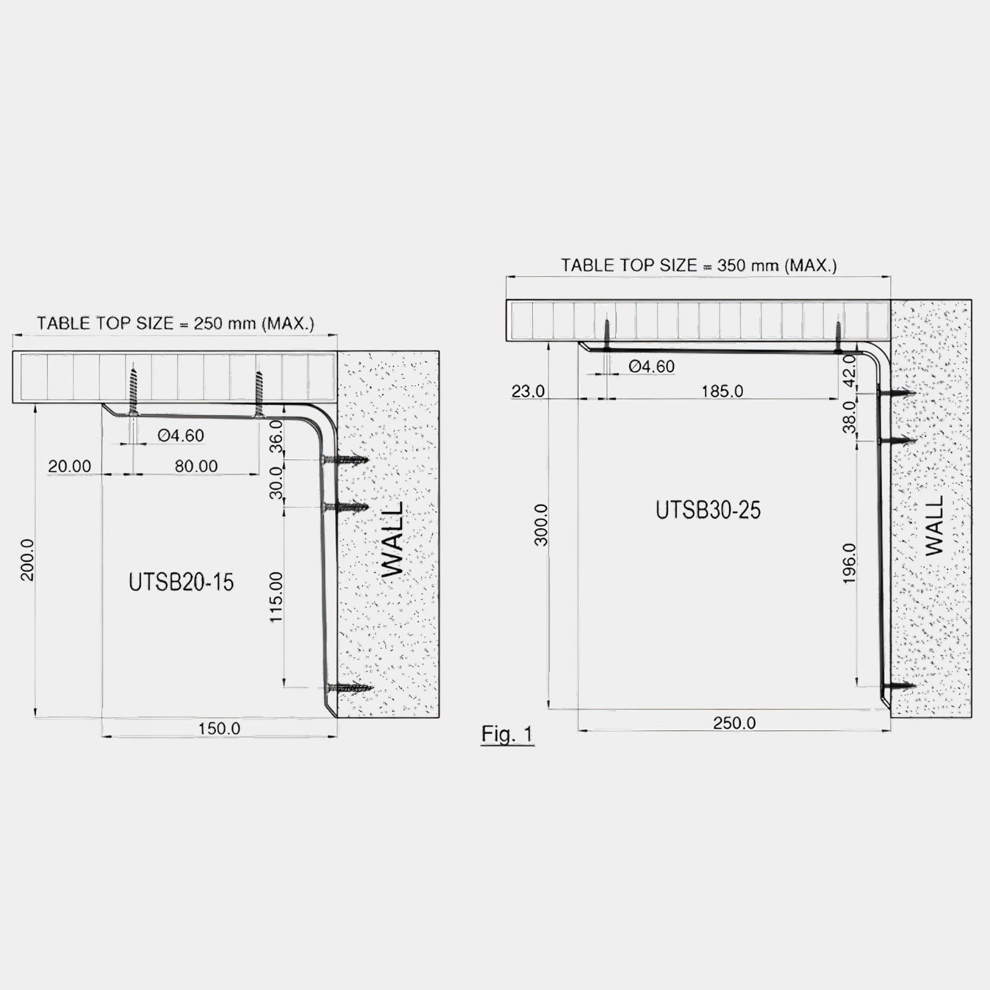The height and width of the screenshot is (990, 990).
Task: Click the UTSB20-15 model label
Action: click(181, 582)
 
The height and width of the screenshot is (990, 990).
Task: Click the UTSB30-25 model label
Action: click(708, 510)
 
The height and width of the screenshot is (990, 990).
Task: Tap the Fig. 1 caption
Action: click(507, 734)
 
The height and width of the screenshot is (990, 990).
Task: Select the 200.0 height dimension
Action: click(28, 560)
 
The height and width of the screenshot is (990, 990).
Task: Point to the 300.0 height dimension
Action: click(541, 525)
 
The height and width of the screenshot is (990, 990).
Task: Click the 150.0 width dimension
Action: click(219, 728)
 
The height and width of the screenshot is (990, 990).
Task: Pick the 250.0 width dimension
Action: click(735, 723)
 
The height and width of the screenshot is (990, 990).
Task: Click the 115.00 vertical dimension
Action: click(276, 597)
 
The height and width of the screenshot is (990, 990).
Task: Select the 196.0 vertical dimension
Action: click(849, 562)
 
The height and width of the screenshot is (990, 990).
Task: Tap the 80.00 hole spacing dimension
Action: click(196, 466)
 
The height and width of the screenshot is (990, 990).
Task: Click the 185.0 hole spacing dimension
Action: click(722, 391)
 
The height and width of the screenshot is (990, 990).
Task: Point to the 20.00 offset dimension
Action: click(70, 466)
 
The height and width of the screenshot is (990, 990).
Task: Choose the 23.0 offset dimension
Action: click(528, 391)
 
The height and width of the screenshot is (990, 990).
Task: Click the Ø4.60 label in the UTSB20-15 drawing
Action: click(181, 436)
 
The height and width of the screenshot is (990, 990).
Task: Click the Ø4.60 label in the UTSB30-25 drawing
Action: click(652, 366)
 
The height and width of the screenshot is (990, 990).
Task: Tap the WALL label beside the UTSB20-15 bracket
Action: click(393, 540)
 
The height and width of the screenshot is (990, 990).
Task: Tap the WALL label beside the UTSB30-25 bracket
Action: click(934, 526)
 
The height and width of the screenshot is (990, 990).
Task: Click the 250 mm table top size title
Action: click(175, 324)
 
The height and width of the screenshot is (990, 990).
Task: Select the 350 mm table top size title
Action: click(699, 265)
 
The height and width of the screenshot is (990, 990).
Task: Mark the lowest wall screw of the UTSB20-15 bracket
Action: click(348, 688)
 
